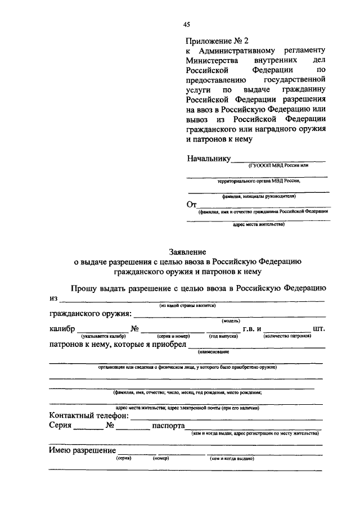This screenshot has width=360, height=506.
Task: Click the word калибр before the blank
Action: click(62, 328)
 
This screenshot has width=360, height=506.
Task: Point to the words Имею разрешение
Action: click(83, 451)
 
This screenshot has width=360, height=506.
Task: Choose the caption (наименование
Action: click(213, 351)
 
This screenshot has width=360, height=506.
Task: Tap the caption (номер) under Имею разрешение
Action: click(161, 459)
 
